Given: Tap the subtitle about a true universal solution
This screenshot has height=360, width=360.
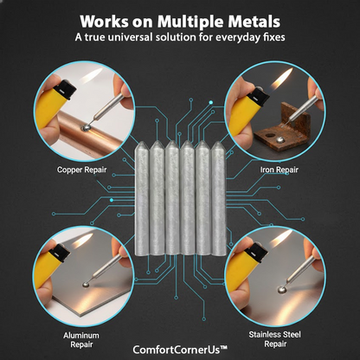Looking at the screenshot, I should tap(179, 38).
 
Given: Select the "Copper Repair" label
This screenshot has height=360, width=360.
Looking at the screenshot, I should tap(82, 170).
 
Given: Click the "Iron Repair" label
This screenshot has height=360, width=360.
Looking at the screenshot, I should tap(279, 170).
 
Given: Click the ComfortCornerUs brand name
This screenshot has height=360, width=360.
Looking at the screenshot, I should tap(179, 350).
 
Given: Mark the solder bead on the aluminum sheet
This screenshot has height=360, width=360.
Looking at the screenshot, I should tap(81, 284).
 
